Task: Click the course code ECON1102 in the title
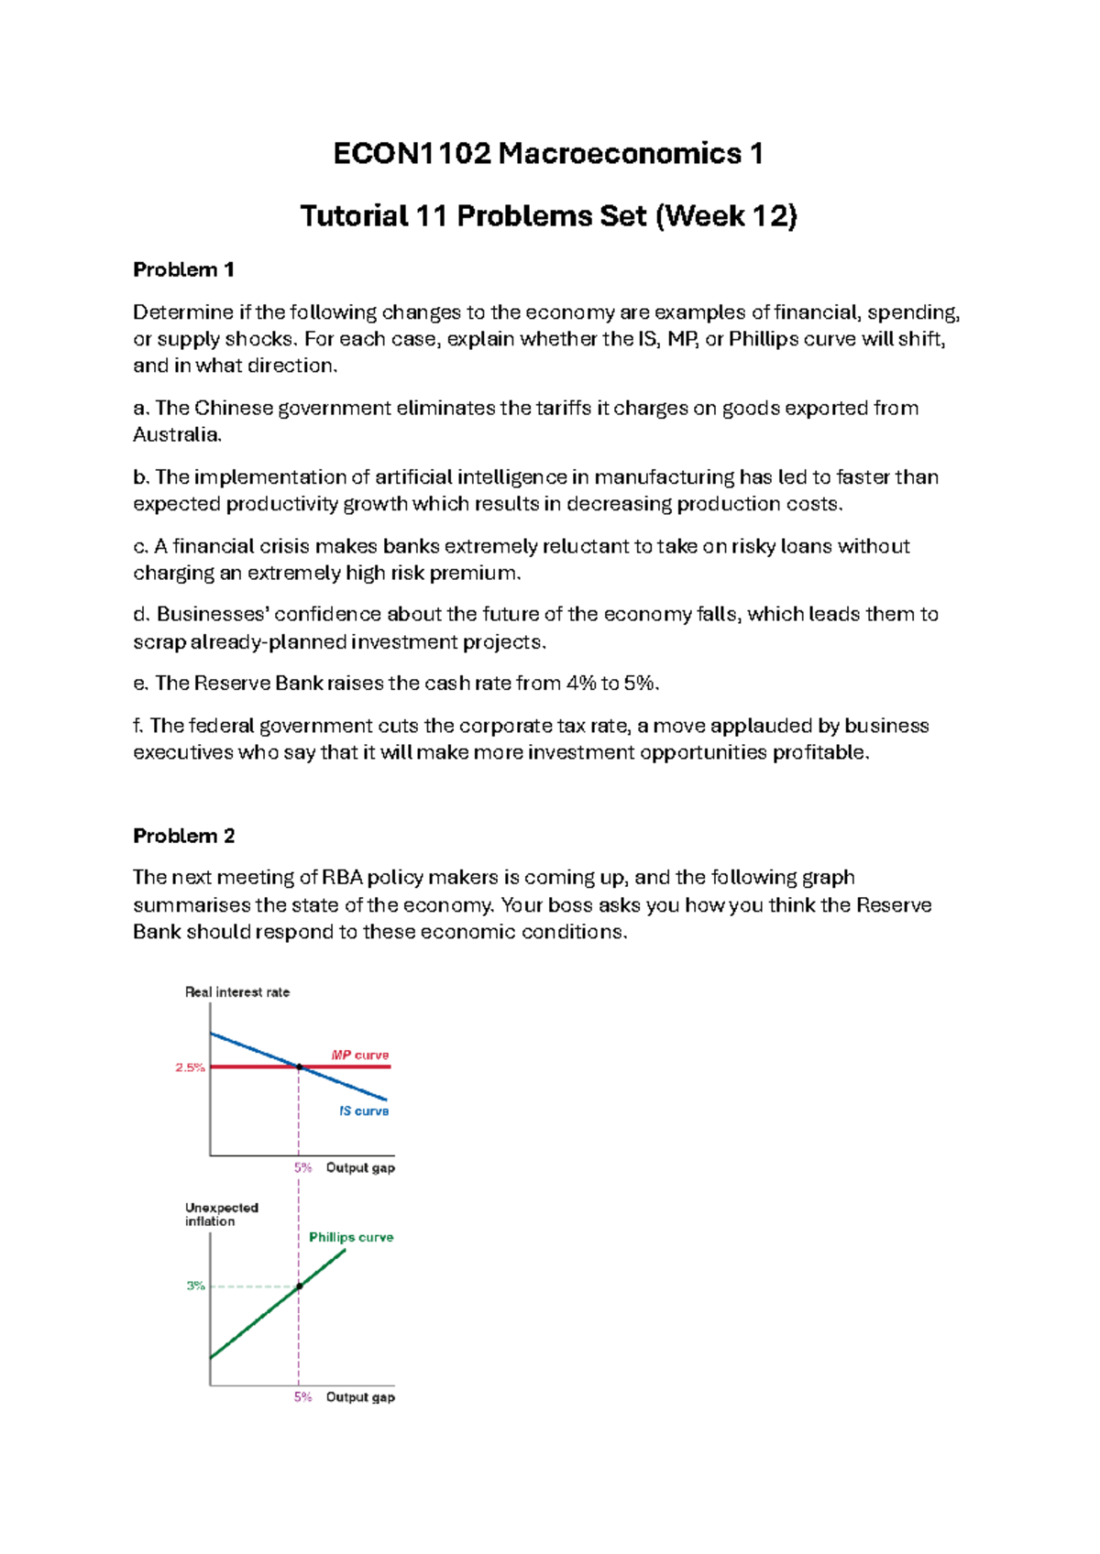[x=412, y=153]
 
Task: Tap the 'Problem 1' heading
[x=183, y=269]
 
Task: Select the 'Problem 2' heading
[x=183, y=836]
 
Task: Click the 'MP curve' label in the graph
[x=359, y=1055]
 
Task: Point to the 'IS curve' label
[x=363, y=1111]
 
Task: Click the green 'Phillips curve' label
[x=350, y=1237]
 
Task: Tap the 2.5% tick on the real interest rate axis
[x=190, y=1067]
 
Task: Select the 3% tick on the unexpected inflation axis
[x=195, y=1286]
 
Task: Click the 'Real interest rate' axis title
[x=236, y=992]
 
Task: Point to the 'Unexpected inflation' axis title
[x=221, y=1214]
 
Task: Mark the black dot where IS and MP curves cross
[x=299, y=1067]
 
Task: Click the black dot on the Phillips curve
[x=299, y=1286]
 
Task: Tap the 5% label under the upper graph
[x=302, y=1167]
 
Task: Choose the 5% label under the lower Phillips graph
[x=302, y=1397]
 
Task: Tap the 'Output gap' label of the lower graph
[x=360, y=1397]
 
